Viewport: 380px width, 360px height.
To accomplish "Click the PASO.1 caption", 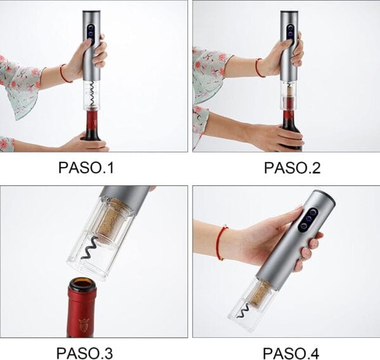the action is [85, 167].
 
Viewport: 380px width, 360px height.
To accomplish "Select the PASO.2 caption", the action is [292, 168].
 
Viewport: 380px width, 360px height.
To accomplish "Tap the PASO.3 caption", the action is [85, 353].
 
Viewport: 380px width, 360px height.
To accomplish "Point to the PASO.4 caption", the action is [291, 353].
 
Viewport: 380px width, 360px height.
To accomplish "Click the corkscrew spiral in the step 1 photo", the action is [92, 94].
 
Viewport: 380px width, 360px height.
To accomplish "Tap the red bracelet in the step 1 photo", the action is [65, 73].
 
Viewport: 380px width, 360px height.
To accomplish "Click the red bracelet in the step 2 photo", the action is [259, 68].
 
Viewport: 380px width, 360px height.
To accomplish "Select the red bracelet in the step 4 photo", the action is [221, 242].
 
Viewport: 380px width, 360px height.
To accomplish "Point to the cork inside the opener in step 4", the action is [259, 294].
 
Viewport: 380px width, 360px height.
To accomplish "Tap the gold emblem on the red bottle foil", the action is [84, 325].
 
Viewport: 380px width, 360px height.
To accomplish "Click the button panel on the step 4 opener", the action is [308, 220].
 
